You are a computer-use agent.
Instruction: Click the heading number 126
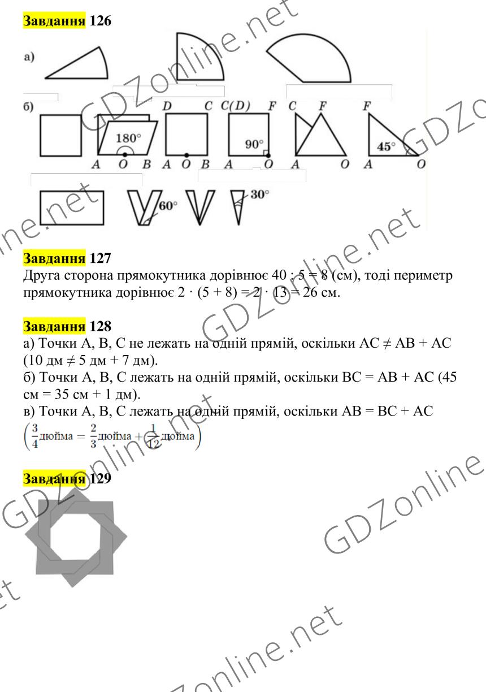(101, 21)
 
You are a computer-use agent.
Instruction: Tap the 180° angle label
(128, 138)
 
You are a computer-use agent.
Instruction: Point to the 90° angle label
(254, 144)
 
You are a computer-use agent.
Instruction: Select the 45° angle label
(386, 146)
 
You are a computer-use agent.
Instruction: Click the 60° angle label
(168, 205)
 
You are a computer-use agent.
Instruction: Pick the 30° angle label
(260, 194)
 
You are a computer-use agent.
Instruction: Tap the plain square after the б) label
(61, 135)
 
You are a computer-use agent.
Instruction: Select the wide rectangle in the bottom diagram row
(72, 207)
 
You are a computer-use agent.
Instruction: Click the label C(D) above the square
(235, 106)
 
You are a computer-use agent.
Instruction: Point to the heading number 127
(101, 258)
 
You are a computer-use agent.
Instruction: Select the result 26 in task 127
(309, 292)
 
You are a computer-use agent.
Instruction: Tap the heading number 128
(101, 326)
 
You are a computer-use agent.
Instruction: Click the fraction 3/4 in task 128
(35, 436)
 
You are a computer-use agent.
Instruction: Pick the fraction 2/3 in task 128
(93, 436)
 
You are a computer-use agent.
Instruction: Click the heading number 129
(101, 478)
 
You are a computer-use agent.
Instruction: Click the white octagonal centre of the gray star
(75, 537)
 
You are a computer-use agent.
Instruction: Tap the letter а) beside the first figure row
(29, 58)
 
